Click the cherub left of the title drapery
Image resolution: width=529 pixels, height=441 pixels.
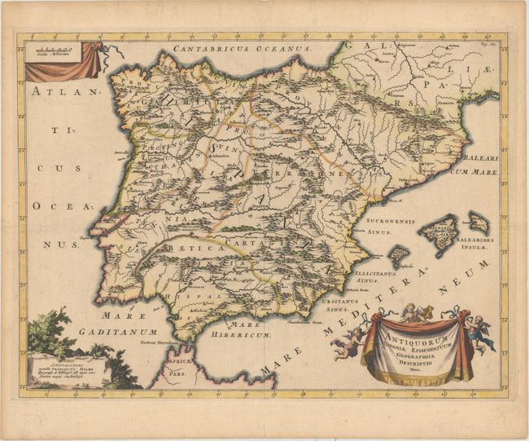tap(348, 343)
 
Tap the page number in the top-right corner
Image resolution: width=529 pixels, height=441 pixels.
tap(491, 48)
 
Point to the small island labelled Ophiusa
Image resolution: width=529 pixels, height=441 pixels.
tap(396, 256)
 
